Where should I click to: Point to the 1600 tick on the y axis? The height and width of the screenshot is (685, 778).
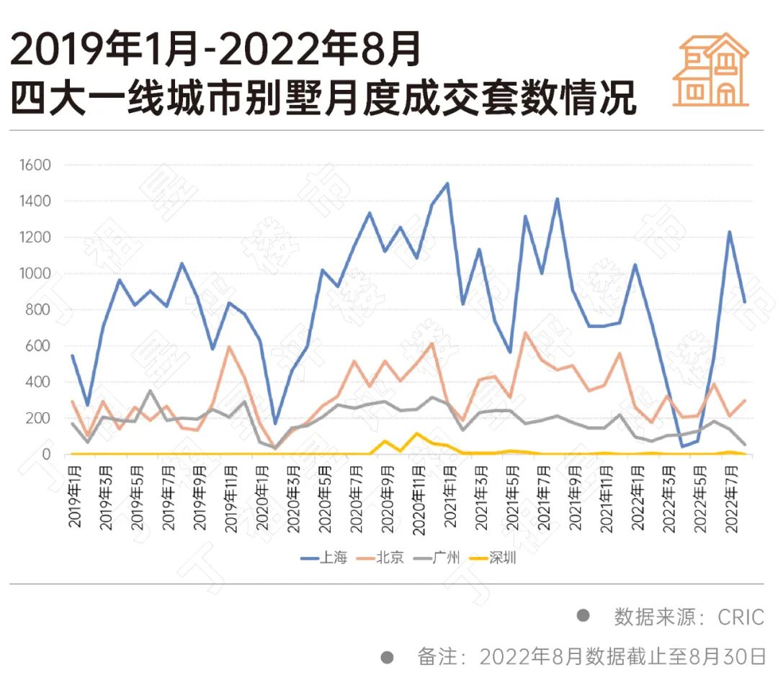click(36, 165)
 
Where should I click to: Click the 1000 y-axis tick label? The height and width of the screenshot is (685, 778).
click(36, 273)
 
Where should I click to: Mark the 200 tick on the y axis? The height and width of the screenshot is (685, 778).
click(40, 418)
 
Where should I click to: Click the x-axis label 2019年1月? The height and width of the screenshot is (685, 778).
click(75, 498)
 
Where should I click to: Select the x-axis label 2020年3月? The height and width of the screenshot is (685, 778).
click(295, 498)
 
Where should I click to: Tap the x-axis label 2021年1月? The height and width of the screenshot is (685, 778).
click(451, 498)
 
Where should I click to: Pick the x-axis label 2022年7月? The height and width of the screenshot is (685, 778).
click(733, 498)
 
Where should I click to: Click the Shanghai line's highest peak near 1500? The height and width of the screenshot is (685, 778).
click(447, 183)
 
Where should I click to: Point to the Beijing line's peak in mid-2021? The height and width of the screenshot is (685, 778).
click(526, 332)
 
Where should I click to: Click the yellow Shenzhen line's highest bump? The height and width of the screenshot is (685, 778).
click(416, 433)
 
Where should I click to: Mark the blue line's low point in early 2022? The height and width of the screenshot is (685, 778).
click(682, 446)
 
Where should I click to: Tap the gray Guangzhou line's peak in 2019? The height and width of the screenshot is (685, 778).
click(150, 391)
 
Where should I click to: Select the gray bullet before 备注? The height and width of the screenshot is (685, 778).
click(387, 656)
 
